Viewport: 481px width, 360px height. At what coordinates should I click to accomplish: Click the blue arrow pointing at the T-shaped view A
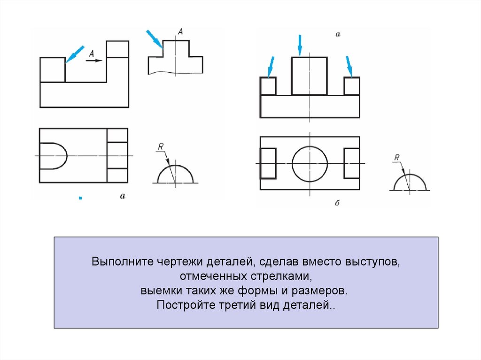[x=155, y=39]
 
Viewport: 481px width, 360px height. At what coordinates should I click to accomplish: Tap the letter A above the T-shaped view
[x=180, y=31]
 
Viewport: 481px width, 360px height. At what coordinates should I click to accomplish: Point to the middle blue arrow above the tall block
[x=300, y=45]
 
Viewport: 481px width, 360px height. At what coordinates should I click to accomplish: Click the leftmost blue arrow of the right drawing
[x=271, y=66]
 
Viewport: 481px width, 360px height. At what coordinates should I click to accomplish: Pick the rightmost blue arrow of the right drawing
[x=349, y=66]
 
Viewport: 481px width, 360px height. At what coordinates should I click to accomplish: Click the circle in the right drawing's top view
[x=310, y=163]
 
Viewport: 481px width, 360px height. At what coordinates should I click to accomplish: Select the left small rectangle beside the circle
[x=268, y=163]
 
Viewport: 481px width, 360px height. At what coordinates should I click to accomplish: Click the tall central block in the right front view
[x=309, y=76]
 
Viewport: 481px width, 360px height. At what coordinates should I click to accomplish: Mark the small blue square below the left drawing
[x=80, y=199]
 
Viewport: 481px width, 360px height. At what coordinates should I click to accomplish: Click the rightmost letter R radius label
[x=397, y=158]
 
